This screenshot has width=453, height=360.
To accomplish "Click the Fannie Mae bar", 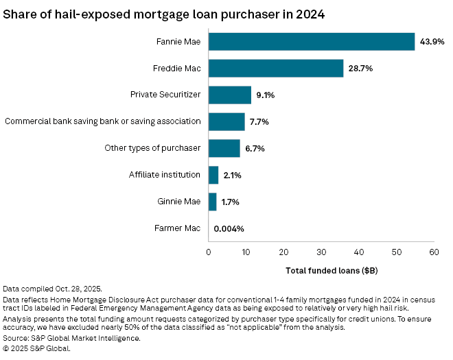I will click(312, 42).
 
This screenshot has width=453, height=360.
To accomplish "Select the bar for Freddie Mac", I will click(276, 69).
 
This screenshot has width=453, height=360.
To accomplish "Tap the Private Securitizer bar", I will click(230, 95).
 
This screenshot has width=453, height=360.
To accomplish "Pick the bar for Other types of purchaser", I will click(224, 148).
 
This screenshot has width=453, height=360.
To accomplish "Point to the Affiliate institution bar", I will click(213, 175).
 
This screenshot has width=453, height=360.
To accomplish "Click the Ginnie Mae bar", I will click(213, 202).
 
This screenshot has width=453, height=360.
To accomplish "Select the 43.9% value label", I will click(433, 42).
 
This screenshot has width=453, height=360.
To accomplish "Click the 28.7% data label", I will click(362, 69).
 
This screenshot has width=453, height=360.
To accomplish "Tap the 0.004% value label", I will click(229, 228).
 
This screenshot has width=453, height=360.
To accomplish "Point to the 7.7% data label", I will click(259, 121).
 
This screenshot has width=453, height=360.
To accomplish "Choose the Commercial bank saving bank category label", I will click(103, 121).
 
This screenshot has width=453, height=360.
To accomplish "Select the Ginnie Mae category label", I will click(180, 202).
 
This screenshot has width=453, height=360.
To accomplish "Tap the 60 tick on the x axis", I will click(434, 252).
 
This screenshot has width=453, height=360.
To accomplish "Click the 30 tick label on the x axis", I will click(321, 252).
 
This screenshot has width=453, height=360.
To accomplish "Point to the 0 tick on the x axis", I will click(209, 252).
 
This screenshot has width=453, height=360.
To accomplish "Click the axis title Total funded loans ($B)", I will click(332, 270).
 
